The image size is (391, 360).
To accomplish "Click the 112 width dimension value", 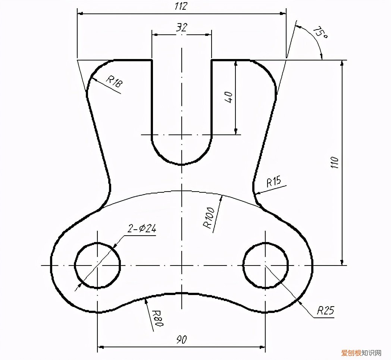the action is tap(181, 6).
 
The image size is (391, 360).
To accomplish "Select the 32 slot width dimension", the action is tap(182, 27).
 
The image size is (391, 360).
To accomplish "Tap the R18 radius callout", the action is tap(115, 81).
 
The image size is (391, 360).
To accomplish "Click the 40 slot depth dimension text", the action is tap(229, 97).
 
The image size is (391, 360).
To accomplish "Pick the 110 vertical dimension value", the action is tap(335, 162).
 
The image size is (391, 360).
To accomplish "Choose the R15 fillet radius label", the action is tap(273, 181).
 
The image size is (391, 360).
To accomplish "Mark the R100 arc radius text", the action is tap(209, 218).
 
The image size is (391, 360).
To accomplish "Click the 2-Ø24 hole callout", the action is tap(142, 229).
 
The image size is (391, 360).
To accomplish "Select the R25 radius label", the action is tap(325, 310).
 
